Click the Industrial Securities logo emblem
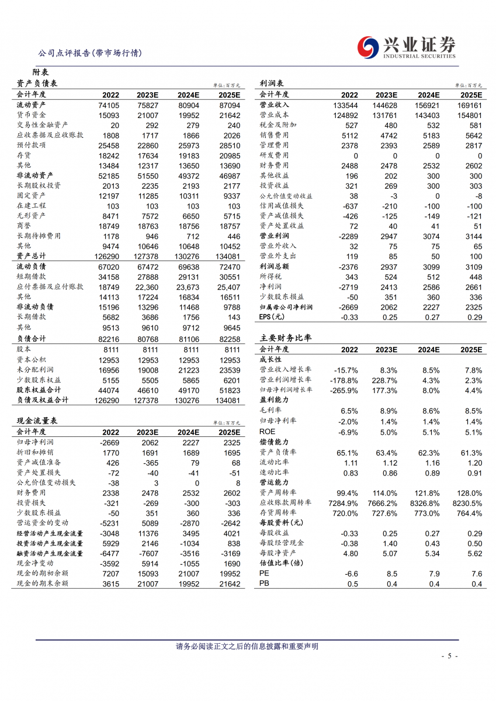click(x=368, y=47)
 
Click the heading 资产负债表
click(x=36, y=84)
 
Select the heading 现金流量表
click(x=36, y=421)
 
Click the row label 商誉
click(x=24, y=226)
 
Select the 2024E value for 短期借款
click(x=188, y=276)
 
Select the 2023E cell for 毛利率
click(x=388, y=411)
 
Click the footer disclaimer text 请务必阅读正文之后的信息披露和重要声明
click(x=247, y=646)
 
